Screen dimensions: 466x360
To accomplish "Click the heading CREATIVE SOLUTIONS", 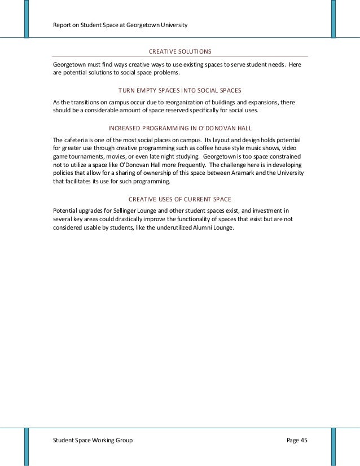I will click(x=180, y=52).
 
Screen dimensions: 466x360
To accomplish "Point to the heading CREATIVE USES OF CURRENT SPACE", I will click(x=180, y=200).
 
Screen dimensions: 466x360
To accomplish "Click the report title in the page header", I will click(x=120, y=26).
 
